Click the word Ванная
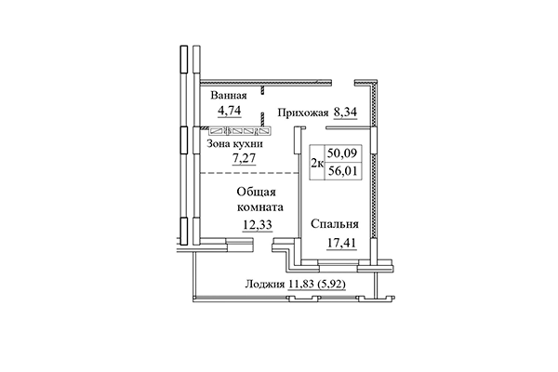(x=229, y=96)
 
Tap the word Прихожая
(x=303, y=113)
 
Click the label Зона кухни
(x=233, y=144)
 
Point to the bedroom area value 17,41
(x=335, y=246)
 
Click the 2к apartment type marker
(x=316, y=166)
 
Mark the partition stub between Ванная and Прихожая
(x=264, y=91)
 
